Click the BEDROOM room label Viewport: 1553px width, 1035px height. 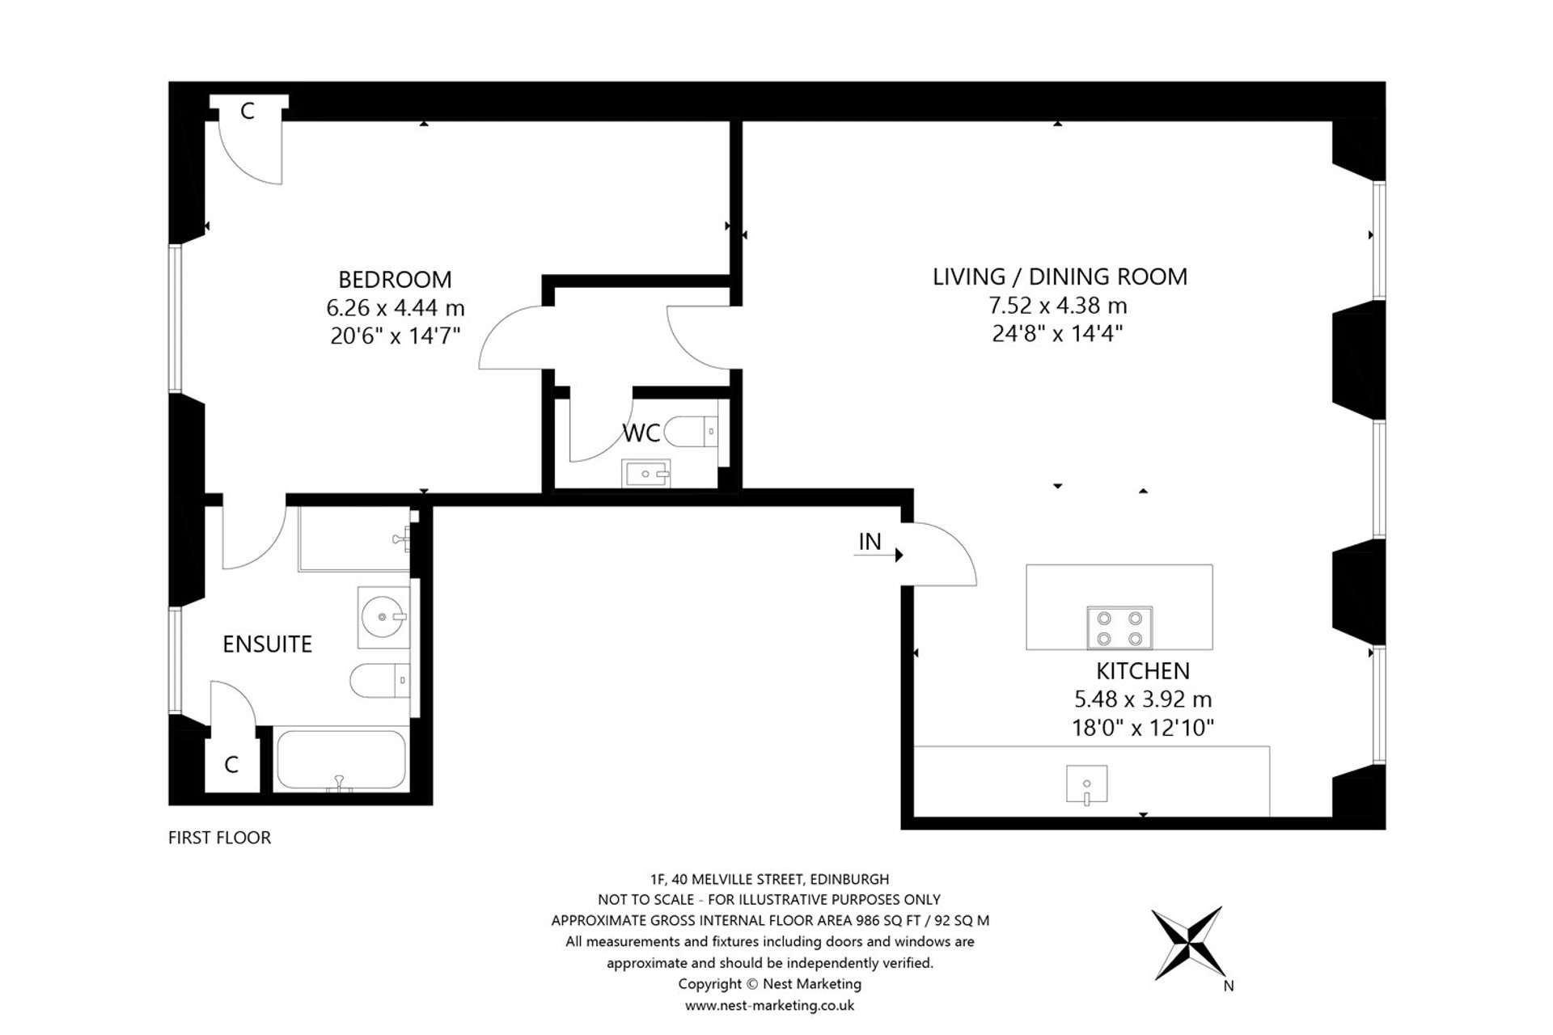point(395,280)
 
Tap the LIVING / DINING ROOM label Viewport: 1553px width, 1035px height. point(1060,277)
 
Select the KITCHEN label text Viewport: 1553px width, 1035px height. point(1143,671)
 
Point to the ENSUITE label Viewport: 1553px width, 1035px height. point(267,644)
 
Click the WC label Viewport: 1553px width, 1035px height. point(641,433)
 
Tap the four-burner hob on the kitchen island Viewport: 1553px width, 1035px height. point(1119,627)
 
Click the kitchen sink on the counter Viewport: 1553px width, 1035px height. point(1086,784)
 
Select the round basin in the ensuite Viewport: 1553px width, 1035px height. point(383,618)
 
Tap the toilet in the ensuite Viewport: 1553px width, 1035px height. point(383,680)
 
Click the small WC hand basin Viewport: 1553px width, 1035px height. point(646,473)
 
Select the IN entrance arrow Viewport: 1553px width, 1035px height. point(878,555)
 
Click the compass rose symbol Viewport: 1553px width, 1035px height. point(1187,944)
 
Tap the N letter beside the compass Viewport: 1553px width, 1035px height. point(1229,986)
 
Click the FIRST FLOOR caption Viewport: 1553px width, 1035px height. point(219,838)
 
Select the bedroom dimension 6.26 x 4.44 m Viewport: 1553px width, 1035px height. point(396,308)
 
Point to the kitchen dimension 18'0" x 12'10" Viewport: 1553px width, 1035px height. point(1143,729)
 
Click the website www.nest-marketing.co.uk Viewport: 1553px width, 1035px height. point(769,1006)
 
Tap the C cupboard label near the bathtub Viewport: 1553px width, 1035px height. point(231,765)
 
